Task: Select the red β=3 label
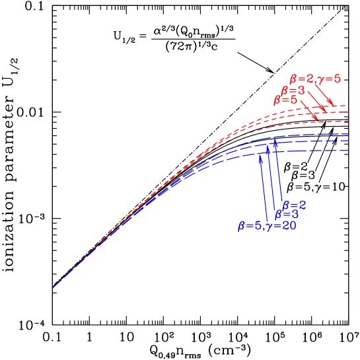[293, 90]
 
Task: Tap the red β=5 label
[285, 100]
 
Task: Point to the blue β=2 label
[294, 204]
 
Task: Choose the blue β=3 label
[286, 214]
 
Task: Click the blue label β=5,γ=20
[267, 225]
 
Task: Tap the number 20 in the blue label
[288, 225]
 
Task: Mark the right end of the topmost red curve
[348, 106]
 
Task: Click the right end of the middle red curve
[348, 113]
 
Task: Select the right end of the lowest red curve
[348, 123]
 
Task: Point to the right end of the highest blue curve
[348, 135]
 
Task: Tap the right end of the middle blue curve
[348, 141]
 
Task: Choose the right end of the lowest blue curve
[348, 151]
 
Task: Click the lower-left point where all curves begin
[53, 287]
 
